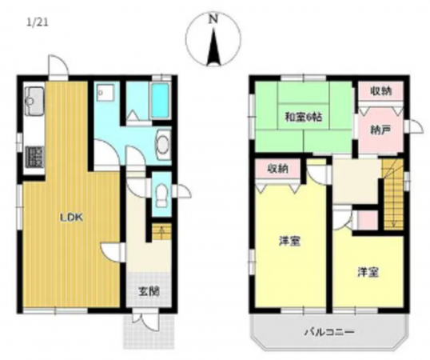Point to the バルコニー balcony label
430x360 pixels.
point(328,332)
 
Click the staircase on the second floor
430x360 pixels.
point(392,192)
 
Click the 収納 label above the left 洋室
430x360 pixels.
point(277,169)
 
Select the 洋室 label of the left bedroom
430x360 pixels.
point(289,242)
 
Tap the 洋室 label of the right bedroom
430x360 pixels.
point(368,272)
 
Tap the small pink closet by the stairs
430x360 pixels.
point(368,218)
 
